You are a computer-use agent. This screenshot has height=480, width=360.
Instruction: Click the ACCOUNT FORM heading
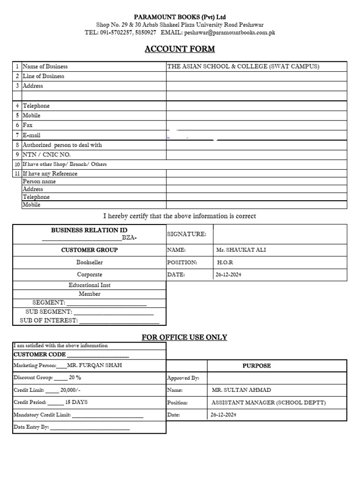(180, 49)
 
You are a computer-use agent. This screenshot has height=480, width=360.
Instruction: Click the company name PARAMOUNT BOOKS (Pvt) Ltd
(180, 17)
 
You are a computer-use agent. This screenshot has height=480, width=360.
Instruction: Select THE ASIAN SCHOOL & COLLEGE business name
(243, 67)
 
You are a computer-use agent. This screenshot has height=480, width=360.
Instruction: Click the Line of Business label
(44, 76)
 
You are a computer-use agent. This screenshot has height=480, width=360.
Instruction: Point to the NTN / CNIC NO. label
(47, 155)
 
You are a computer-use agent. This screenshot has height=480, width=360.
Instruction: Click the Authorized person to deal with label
(62, 145)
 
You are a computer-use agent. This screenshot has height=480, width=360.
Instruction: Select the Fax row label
(28, 126)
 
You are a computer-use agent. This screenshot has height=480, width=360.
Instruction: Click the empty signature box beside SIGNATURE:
(280, 234)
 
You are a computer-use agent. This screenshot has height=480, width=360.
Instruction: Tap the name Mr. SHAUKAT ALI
(241, 250)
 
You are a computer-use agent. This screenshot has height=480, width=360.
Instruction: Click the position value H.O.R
(225, 262)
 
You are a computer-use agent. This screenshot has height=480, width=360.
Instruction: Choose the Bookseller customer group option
(90, 262)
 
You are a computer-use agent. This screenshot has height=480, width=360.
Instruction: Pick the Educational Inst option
(90, 285)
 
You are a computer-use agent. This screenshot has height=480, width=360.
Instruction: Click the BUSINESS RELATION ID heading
(89, 230)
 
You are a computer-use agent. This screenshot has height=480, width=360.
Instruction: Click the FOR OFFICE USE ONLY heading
(184, 337)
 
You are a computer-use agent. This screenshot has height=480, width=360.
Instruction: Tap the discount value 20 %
(75, 377)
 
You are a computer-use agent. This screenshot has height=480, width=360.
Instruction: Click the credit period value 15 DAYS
(76, 402)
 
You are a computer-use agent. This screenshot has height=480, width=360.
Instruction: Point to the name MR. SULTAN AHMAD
(241, 390)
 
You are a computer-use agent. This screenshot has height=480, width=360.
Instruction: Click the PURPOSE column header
(256, 366)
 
